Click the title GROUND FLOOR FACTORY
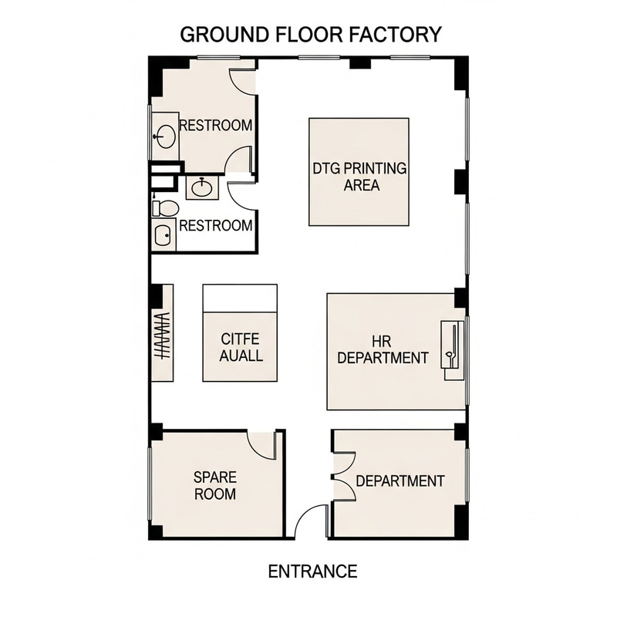pos(311,35)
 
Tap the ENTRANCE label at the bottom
pos(312,571)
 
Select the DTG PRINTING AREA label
pos(359,177)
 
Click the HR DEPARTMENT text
pos(383,349)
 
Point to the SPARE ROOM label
pos(214,485)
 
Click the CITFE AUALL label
pos(241,347)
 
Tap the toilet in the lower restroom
pos(165,207)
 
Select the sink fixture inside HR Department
pos(453,347)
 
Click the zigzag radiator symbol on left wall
pos(162,337)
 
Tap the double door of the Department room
pos(342,470)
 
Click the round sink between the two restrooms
pos(202,187)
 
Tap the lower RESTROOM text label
pos(215,226)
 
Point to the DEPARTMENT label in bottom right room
pos(400,481)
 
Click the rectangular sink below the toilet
pos(164,236)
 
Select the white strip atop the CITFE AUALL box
pos(240,298)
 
